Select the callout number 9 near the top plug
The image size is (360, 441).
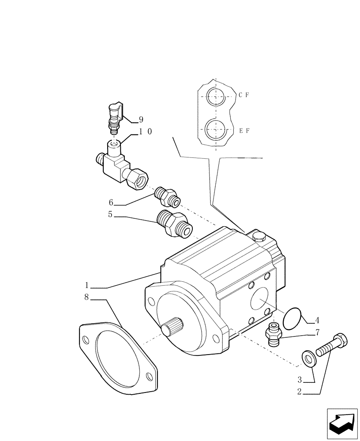141,120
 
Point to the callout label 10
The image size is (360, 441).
146,131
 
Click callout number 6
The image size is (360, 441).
111,202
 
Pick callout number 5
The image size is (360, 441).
110,215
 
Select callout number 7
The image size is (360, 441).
317,333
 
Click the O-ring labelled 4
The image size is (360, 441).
291,318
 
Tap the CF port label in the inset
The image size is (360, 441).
244,95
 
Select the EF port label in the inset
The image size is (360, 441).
244,131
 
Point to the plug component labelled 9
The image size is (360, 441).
114,117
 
